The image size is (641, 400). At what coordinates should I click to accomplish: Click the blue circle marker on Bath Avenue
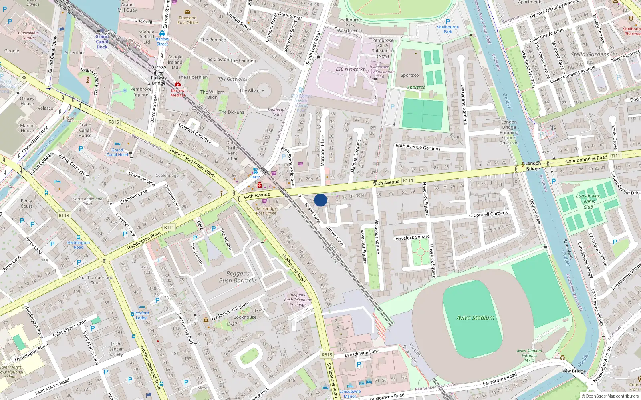(x=320, y=200)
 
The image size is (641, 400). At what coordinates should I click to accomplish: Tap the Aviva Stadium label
(x=475, y=318)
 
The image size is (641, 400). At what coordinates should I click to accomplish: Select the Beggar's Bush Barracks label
(x=238, y=277)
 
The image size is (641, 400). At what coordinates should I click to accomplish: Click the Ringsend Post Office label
(x=187, y=20)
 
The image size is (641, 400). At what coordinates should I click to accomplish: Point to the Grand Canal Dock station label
(x=102, y=42)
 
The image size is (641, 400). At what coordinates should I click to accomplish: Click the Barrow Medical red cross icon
(x=178, y=84)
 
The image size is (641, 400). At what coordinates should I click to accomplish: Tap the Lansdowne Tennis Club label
(x=588, y=201)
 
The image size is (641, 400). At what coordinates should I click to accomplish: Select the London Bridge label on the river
(x=533, y=166)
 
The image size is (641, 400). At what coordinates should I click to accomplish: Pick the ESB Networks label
(x=350, y=69)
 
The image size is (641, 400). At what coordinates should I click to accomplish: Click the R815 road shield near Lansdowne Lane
(x=327, y=355)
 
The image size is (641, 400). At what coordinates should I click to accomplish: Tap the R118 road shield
(x=64, y=215)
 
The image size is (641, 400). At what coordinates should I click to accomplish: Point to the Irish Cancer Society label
(x=115, y=349)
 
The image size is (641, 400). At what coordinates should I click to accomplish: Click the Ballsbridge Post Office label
(x=266, y=211)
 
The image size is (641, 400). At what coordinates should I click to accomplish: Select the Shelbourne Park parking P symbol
(x=448, y=22)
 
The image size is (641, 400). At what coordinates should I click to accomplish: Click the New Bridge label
(x=573, y=371)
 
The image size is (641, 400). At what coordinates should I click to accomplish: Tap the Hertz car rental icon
(x=255, y=171)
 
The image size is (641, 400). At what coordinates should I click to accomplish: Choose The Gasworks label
(x=232, y=79)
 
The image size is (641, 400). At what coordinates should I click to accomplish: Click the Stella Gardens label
(x=590, y=54)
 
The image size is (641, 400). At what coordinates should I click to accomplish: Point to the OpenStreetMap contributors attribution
(x=610, y=396)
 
